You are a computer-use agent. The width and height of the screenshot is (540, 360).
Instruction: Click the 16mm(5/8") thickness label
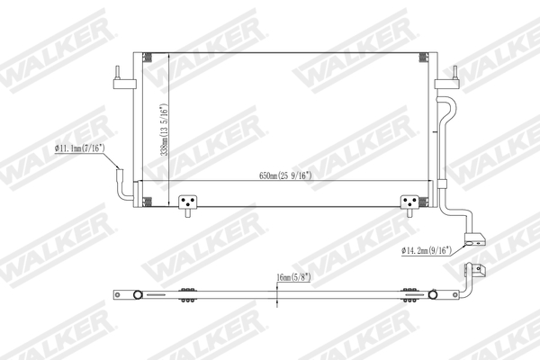295,278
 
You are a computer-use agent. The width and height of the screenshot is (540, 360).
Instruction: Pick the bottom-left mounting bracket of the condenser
187,203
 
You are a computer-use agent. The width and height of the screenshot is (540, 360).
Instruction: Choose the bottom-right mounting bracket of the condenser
409,203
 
